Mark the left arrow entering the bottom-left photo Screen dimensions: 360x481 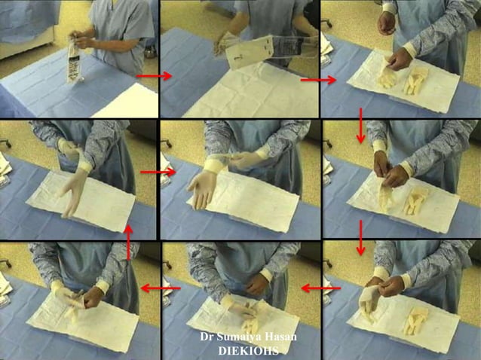(160, 288)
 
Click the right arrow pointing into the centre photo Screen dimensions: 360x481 (157, 172)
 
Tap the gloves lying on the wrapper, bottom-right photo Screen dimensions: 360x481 (415, 320)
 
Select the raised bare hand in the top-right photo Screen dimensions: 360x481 (387, 23)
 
